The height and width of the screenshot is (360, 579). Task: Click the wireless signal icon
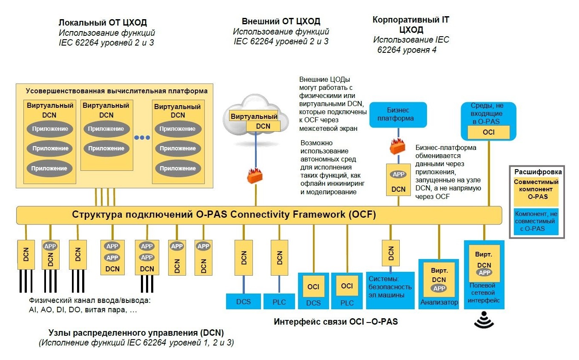click(484, 320)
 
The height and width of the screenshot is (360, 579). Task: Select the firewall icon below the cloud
click(255, 175)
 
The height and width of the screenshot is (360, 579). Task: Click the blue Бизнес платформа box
click(398, 114)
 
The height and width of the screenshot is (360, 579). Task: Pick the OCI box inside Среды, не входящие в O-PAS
click(488, 132)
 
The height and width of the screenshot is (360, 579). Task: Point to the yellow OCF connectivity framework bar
click(259, 214)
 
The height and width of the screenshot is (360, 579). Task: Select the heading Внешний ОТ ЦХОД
click(281, 21)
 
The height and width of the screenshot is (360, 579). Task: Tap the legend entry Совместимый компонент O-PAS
click(536, 189)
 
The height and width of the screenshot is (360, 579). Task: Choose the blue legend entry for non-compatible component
click(536, 221)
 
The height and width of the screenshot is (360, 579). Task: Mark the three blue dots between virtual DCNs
click(142, 138)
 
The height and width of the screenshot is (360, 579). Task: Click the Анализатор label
click(439, 302)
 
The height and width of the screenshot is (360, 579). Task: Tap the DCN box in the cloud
click(263, 126)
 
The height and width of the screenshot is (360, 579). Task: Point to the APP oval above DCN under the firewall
click(398, 175)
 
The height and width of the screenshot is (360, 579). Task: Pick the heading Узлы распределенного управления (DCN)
click(136, 333)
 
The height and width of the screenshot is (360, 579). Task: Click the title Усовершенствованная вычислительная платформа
click(117, 91)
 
